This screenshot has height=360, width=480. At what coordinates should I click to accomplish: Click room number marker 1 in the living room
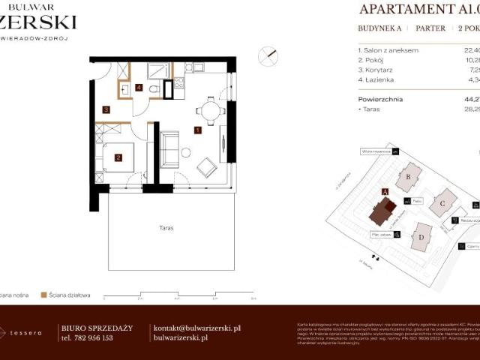[197, 130]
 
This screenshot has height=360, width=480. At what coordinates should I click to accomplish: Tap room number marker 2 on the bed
[118, 157]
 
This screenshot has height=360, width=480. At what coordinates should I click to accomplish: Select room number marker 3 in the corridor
[106, 110]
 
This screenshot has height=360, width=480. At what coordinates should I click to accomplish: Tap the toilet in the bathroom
[153, 89]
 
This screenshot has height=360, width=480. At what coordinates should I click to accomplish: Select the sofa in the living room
[169, 148]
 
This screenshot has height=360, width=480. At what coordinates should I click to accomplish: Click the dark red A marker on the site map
[385, 192]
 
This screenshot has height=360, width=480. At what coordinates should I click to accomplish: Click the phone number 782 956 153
[96, 338]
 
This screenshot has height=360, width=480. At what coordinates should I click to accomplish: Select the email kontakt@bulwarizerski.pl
[196, 328]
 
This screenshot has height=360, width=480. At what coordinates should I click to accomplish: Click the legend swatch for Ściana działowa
[44, 295]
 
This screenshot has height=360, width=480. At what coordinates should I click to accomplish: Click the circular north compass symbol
[267, 55]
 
